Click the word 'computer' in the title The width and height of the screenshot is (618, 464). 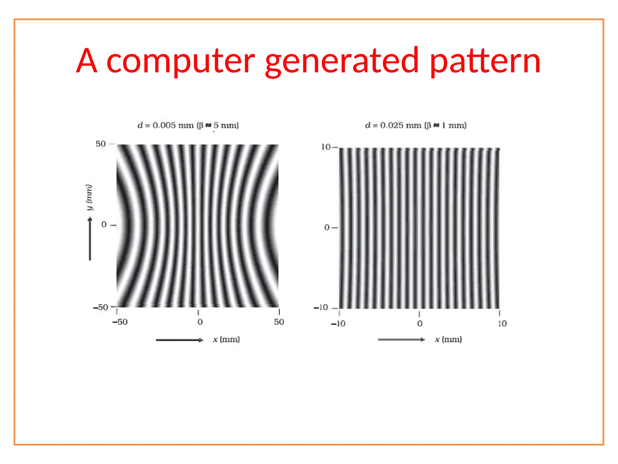pos(180,61)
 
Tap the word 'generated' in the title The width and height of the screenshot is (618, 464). pos(342,61)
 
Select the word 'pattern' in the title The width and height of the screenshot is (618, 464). pos(485,61)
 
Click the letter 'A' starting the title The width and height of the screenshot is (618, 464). pos(87,61)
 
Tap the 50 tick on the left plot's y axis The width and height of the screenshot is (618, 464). pos(101,144)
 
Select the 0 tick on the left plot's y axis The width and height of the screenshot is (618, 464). pos(104,224)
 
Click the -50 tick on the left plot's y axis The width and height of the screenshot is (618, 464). pos(100,308)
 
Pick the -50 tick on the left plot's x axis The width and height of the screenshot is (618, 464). pos(120,322)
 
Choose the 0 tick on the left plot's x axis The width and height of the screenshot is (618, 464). pos(200,322)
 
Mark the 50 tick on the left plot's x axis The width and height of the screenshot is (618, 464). pos(279,322)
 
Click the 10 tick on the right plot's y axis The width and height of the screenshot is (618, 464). pos(326,147)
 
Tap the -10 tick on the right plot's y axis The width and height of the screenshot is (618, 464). pos(321,308)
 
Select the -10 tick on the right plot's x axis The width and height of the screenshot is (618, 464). pos(338,324)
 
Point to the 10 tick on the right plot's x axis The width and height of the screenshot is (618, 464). pos(502,324)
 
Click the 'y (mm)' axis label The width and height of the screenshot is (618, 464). pos(89,197)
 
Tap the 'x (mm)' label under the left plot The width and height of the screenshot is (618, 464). pos(226,340)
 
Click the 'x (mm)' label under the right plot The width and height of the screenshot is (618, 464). pos(448,340)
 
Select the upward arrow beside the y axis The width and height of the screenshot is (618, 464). pos(90,239)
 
